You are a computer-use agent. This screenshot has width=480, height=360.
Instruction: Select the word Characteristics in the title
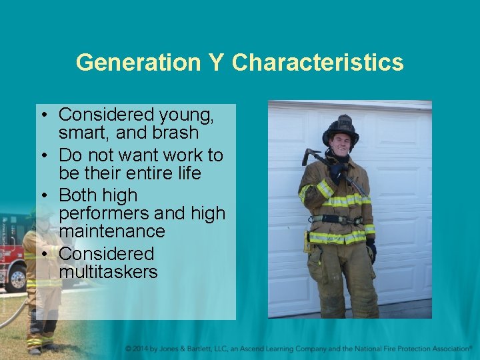click(317, 63)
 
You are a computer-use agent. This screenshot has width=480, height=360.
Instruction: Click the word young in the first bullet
click(185, 116)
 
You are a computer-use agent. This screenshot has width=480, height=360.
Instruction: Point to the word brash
click(175, 133)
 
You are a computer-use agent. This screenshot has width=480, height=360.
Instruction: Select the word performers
click(101, 214)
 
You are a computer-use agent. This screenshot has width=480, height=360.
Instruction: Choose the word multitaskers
click(108, 272)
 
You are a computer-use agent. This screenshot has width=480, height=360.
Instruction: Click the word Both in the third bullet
click(79, 195)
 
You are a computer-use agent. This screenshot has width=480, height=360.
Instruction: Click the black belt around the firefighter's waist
click(337, 219)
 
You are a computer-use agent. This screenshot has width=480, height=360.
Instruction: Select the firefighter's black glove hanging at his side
click(371, 249)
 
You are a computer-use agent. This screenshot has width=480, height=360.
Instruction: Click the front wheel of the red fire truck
click(15, 278)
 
